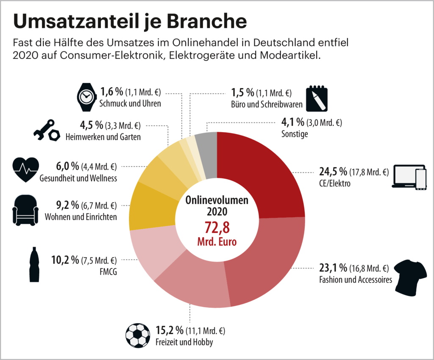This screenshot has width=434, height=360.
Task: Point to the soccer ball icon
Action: point(138,335)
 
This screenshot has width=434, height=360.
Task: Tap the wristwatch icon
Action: point(86,97)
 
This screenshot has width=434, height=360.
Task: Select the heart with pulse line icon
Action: point(26,169)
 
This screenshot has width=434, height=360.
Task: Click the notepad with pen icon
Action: point(317,98)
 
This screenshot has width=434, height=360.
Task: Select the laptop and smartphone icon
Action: point(409,177)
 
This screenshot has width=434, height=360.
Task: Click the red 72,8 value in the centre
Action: point(217,227)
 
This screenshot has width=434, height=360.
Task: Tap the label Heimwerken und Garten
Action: point(103,137)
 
